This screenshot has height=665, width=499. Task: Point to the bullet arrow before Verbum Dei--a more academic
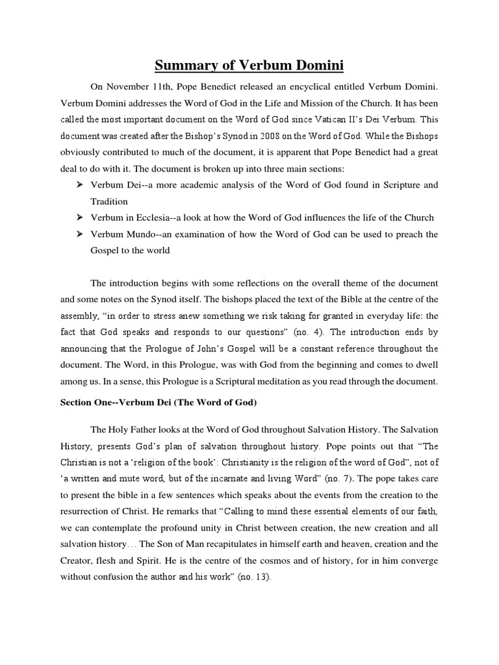pos(79,185)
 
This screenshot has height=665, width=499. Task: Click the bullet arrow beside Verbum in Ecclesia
pos(79,218)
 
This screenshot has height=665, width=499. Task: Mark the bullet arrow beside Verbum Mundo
pos(79,234)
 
